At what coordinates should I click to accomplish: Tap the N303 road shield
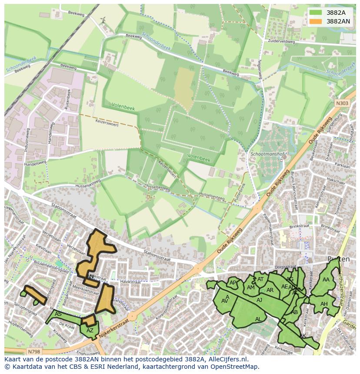[341, 103]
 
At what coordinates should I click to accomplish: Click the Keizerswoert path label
[106, 123]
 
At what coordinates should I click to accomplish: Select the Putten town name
[338, 259]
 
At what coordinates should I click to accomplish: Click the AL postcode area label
[258, 319]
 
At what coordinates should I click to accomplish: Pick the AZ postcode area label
[90, 331]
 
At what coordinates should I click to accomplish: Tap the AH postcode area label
[323, 304]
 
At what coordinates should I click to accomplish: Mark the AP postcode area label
[233, 283]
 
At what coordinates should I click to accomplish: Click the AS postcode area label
[58, 314]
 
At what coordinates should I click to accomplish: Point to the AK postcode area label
[303, 336]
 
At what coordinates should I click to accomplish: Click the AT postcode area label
[260, 279]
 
